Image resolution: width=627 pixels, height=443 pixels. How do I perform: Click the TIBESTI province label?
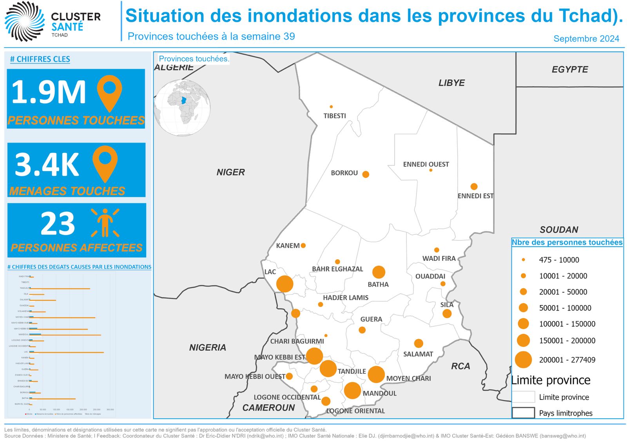(334, 116)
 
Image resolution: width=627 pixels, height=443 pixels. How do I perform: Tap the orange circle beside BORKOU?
(366, 174)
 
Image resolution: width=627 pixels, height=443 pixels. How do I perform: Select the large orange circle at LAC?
(285, 284)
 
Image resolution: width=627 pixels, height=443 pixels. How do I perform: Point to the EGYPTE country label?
(570, 70)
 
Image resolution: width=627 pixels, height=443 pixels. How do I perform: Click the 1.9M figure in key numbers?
(49, 92)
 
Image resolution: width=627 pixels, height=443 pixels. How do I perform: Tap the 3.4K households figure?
(47, 165)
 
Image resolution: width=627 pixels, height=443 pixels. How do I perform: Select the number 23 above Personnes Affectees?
(58, 224)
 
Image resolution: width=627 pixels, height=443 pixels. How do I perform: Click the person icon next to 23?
(105, 222)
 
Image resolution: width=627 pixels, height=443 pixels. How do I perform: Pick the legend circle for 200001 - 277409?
(523, 360)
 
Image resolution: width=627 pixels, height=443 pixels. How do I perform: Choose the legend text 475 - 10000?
(559, 260)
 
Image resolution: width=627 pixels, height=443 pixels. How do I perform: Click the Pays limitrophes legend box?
(523, 413)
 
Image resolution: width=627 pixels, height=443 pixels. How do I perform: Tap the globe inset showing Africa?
(182, 108)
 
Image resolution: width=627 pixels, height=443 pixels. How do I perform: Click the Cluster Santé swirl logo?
(25, 21)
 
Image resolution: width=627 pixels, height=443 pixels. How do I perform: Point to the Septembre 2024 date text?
(586, 39)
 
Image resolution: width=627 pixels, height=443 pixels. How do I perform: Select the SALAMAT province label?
(418, 354)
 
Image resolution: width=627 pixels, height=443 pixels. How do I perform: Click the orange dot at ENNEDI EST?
(474, 186)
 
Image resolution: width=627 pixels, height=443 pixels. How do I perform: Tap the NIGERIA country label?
(208, 347)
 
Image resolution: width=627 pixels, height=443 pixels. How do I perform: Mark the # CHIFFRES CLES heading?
(40, 59)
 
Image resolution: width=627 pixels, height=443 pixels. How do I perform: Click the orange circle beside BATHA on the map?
(379, 272)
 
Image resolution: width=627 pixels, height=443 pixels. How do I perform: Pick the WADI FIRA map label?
(439, 259)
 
